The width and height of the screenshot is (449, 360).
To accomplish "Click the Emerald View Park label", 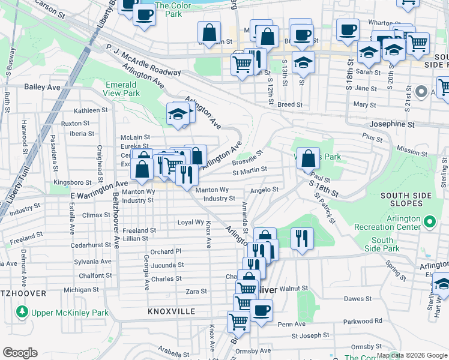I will coord(122,89).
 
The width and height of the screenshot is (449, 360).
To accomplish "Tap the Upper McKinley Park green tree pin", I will coord(22,312).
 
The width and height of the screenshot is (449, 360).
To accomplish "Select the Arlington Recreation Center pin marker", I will coord(429,223).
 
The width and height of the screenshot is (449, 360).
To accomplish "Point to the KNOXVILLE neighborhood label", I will coord(172,312).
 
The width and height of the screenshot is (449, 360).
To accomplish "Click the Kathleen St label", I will coord(90,110).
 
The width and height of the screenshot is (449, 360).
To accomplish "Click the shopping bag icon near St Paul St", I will coord(308,159).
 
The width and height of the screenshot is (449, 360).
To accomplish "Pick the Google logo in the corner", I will coord(20,353).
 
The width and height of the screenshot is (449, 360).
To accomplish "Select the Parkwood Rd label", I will coord(366,320).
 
